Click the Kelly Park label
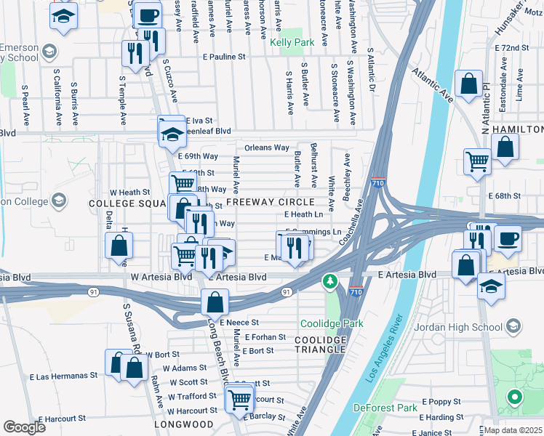pyautogui.click(x=292, y=43)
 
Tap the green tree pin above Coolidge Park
pyautogui.click(x=330, y=280)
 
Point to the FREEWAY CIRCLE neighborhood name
pyautogui.click(x=270, y=201)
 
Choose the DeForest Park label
pyautogui.click(x=385, y=408)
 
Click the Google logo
pyautogui.click(x=25, y=427)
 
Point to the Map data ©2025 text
pyautogui.click(x=513, y=429)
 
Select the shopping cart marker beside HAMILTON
pyautogui.click(x=477, y=161)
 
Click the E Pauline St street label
pyautogui.click(x=219, y=56)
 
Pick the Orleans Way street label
pyautogui.click(x=267, y=148)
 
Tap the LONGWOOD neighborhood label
pyautogui.click(x=183, y=424)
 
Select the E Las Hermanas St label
pyautogui.click(x=63, y=376)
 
